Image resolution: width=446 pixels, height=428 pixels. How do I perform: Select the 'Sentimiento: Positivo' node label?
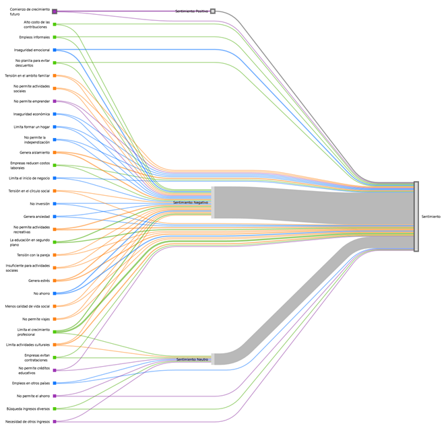[x=191, y=11]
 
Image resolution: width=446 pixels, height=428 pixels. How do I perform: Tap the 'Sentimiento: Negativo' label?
[x=191, y=203]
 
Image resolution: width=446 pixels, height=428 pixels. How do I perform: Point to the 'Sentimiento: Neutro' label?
[x=192, y=359]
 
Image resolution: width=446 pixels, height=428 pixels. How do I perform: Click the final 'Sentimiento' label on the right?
[x=431, y=217]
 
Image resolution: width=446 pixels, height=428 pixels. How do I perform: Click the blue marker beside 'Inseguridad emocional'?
[x=55, y=50]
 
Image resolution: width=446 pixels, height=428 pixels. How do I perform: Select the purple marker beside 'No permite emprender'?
[x=55, y=102]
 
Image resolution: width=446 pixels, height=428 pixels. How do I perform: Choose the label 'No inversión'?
[x=40, y=203]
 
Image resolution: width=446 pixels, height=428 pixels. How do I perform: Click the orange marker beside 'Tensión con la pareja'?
[x=55, y=255]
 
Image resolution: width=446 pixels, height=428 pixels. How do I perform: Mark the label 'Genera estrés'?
[x=38, y=281]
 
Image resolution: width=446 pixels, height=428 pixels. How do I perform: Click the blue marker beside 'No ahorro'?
[x=55, y=293]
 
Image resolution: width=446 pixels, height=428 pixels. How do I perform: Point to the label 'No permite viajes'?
[x=36, y=319]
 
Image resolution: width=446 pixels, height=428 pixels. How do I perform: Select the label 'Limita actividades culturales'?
[x=28, y=345]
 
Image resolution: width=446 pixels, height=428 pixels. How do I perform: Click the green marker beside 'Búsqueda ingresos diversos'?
[x=55, y=408]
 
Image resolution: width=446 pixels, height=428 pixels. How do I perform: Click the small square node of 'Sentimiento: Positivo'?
[x=213, y=11]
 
